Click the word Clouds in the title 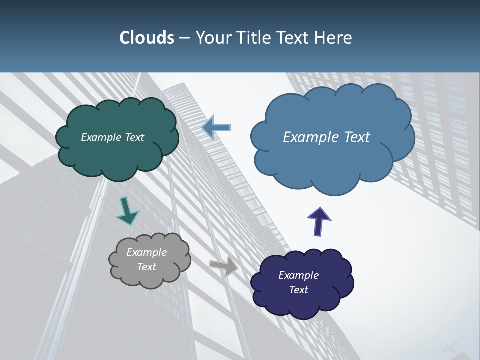point(146,38)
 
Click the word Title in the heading point(254,38)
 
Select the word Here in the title point(333,38)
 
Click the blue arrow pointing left point(216,128)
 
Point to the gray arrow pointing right point(224,267)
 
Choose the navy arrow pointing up point(319,221)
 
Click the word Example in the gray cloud point(147,252)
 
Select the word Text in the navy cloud point(299,290)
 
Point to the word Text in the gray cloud point(147,267)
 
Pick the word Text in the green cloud point(134,137)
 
